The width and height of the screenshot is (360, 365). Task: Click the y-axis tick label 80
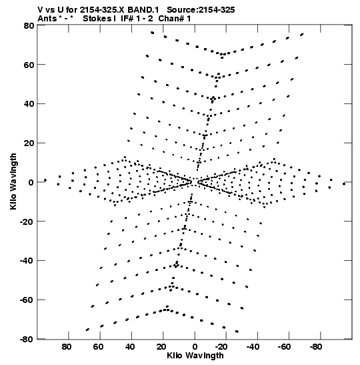(x=29, y=25)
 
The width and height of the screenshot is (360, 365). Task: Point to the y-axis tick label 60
(x=29, y=65)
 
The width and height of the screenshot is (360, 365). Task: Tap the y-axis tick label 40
(x=29, y=104)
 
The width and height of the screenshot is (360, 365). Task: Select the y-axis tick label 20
(x=29, y=143)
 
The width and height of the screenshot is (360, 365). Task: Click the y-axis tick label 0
(x=31, y=182)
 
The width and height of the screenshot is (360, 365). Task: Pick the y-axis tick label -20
(x=27, y=222)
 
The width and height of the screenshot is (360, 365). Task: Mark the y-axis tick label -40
(x=27, y=261)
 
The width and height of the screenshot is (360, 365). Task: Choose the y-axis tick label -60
(x=27, y=300)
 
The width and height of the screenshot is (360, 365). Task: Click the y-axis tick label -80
(x=27, y=339)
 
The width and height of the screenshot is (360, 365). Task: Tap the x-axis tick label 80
(x=67, y=347)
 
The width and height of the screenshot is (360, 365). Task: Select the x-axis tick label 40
(x=130, y=347)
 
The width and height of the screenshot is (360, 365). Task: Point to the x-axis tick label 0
(x=195, y=347)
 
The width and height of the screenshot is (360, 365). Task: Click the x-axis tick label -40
(x=253, y=347)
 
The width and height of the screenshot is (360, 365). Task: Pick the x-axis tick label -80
(x=316, y=347)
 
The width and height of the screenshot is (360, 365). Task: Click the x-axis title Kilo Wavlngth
(x=195, y=356)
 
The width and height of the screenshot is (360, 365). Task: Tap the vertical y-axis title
(x=13, y=181)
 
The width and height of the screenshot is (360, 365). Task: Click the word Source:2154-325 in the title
(x=201, y=10)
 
